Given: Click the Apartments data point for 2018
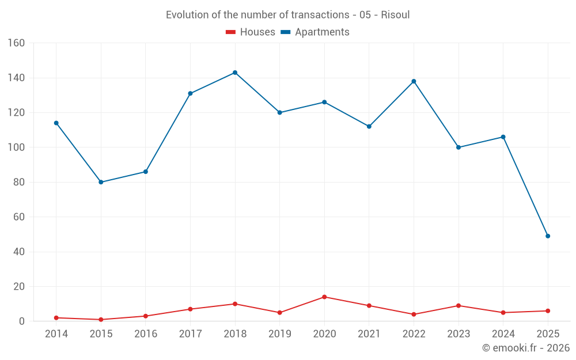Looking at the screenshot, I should pos(235,73).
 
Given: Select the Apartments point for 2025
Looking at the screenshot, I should pos(548,236).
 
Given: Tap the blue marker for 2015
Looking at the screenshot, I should pos(101,182).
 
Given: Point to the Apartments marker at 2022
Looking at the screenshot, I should pos(414,81).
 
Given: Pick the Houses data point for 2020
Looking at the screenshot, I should pos(324,297).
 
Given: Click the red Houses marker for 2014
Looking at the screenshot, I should pos(56,318).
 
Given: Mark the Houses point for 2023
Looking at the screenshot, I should pos(458,306).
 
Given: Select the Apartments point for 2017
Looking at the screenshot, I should pos(190,93).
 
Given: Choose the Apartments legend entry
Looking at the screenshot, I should pos(315,32).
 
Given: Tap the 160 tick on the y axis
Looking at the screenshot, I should pos(16,43).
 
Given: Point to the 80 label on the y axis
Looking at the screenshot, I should pos(19,183).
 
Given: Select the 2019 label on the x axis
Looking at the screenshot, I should pos(280,334).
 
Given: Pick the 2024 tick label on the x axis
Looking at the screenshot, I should pos(503,334).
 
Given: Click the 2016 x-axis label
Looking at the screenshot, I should pos(146,334).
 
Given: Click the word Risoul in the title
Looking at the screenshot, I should pos(395,15).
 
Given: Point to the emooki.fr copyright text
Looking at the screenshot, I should pos(526,348).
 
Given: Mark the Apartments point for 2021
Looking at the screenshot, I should pos(369,127).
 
